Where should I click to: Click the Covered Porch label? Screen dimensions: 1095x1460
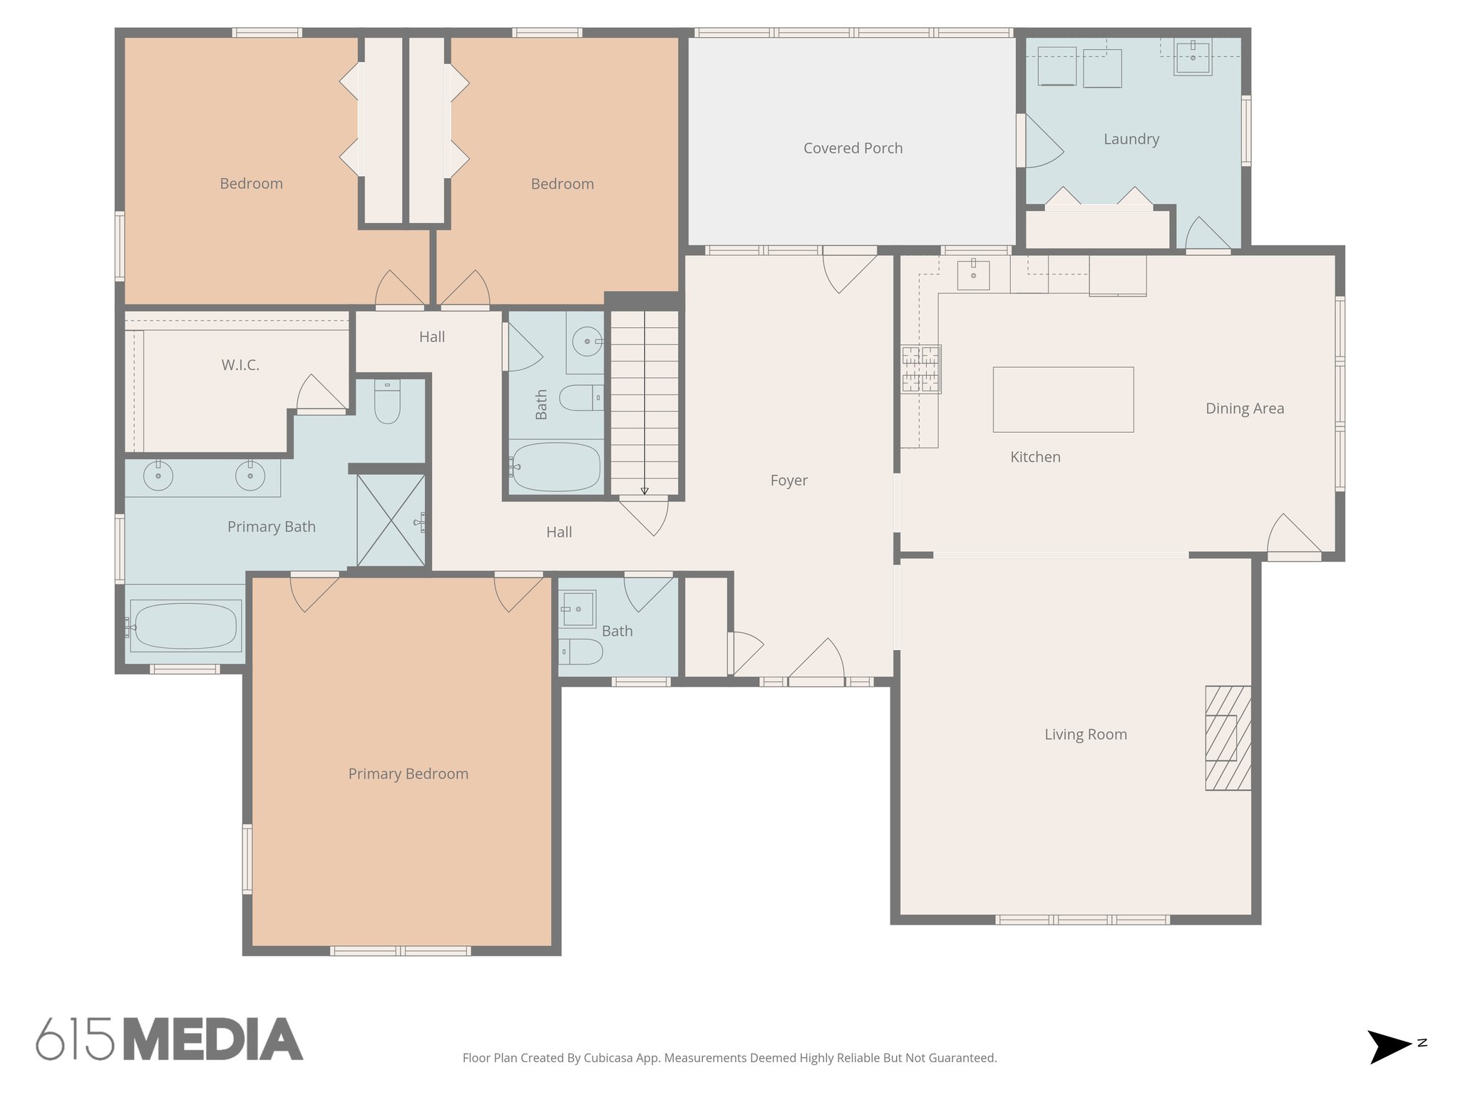click(x=853, y=148)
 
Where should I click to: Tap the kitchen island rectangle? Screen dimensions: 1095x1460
click(x=1063, y=399)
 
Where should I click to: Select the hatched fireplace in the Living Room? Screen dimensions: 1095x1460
click(x=1228, y=738)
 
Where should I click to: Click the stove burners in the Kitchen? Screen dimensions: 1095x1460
click(x=920, y=369)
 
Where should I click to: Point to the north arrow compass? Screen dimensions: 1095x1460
click(x=1390, y=1047)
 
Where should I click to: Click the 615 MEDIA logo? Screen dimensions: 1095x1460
click(x=170, y=1039)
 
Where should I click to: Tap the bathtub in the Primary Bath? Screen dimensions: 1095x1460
click(x=185, y=627)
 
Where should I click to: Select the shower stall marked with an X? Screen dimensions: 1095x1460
click(x=391, y=520)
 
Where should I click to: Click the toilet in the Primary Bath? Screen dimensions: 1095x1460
click(x=387, y=403)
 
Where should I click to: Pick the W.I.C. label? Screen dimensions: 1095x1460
click(x=240, y=365)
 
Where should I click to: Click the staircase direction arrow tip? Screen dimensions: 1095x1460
click(x=644, y=491)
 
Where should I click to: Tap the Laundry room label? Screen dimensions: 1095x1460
click(x=1131, y=139)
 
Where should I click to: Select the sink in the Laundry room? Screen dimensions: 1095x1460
click(x=1193, y=57)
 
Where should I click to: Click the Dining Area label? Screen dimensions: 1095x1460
click(x=1245, y=408)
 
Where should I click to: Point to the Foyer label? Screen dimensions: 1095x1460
click(x=788, y=480)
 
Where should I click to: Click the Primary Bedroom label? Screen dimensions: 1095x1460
click(x=408, y=773)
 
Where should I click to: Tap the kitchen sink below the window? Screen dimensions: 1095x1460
click(x=973, y=274)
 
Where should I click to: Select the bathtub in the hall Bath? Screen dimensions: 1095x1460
click(x=556, y=467)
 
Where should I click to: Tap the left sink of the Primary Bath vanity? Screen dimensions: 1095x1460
click(x=158, y=475)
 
